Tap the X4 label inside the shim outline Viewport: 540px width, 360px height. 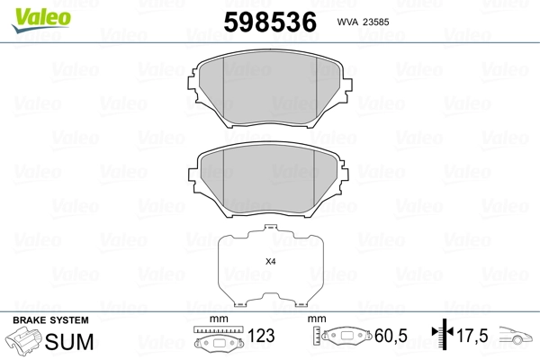coord(270,262)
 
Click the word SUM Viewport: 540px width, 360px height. coord(63,341)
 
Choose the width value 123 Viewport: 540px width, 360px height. coord(262,337)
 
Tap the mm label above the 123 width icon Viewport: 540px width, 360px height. coord(217,319)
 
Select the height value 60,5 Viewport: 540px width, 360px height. coord(391,337)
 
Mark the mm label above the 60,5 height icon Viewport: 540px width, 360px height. coord(316,319)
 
